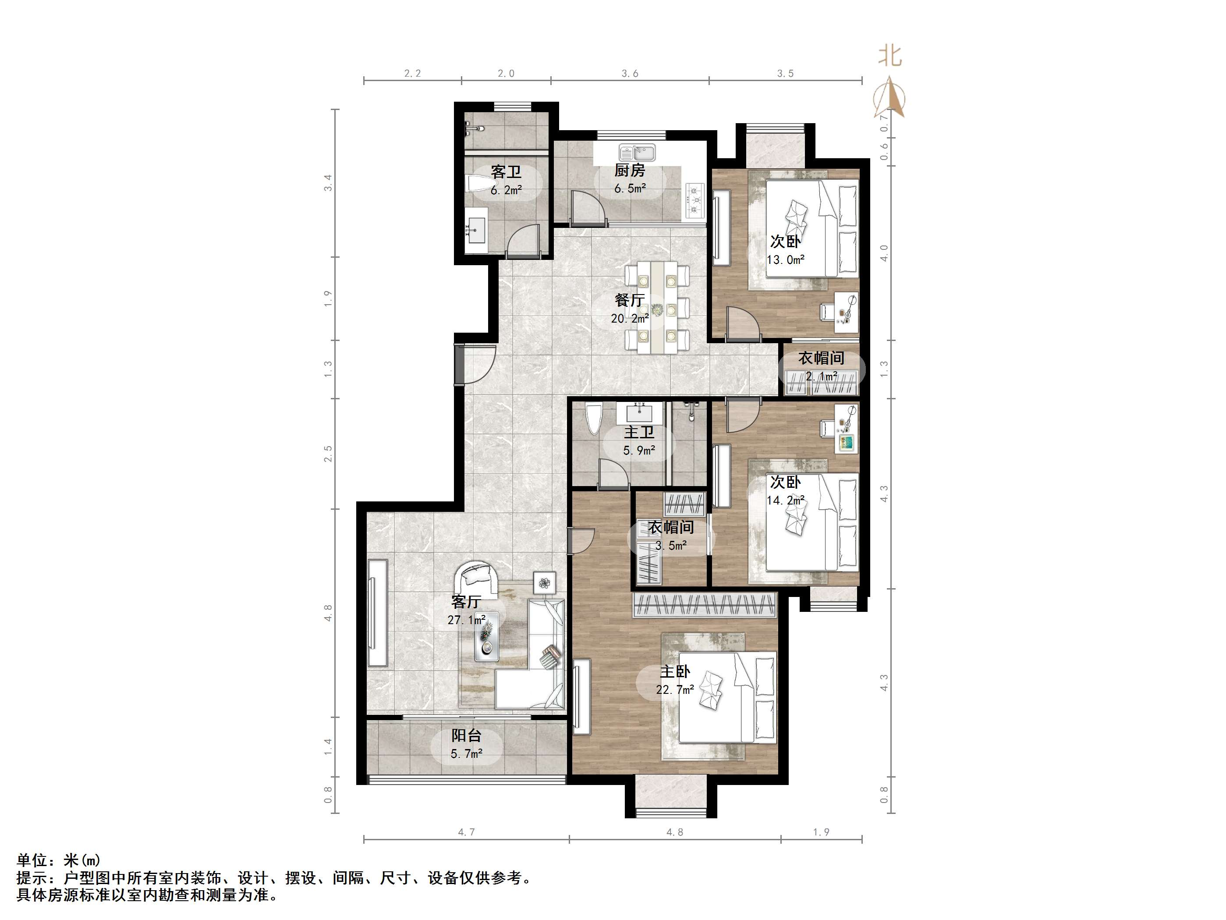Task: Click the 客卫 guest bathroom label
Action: click(506, 172)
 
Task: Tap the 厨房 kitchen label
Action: click(630, 170)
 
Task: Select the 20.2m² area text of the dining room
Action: click(630, 319)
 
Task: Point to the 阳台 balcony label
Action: click(466, 735)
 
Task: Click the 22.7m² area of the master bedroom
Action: click(674, 690)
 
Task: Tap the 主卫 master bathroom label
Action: click(639, 432)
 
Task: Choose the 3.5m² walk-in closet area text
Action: click(671, 546)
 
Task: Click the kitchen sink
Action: click(638, 152)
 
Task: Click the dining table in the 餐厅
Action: click(657, 308)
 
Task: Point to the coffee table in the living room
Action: click(487, 636)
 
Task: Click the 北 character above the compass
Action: click(889, 56)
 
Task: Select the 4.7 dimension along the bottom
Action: click(467, 832)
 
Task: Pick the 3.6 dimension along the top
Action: click(630, 73)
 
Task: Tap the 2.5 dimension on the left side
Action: click(328, 454)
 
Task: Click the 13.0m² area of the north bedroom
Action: click(785, 259)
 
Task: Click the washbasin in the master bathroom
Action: click(640, 412)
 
